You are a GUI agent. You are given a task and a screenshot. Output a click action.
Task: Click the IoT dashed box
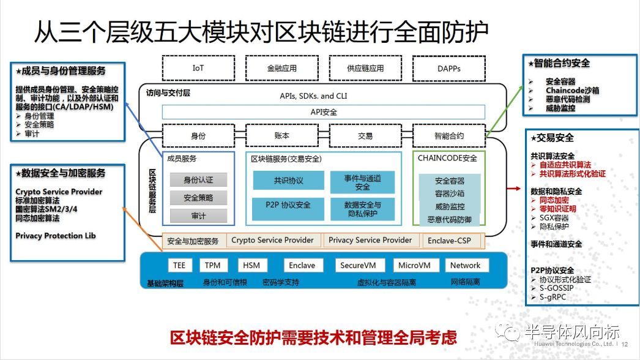click(198, 69)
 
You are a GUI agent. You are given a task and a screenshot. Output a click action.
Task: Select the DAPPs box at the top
click(449, 69)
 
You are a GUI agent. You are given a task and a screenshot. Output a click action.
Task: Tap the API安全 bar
click(323, 112)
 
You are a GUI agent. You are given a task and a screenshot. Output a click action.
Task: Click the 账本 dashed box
click(281, 136)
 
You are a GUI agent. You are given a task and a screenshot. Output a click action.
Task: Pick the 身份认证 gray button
click(198, 180)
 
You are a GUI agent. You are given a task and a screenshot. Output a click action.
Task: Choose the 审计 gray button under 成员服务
click(198, 216)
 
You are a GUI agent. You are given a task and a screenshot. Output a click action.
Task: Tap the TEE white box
click(179, 265)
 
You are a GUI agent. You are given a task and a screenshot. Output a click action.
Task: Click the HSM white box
click(251, 265)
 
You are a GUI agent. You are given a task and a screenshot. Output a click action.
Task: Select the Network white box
click(465, 265)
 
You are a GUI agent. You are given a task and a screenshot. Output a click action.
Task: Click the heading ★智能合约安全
click(559, 63)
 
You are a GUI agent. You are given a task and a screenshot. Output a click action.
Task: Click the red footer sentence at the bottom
click(313, 337)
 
